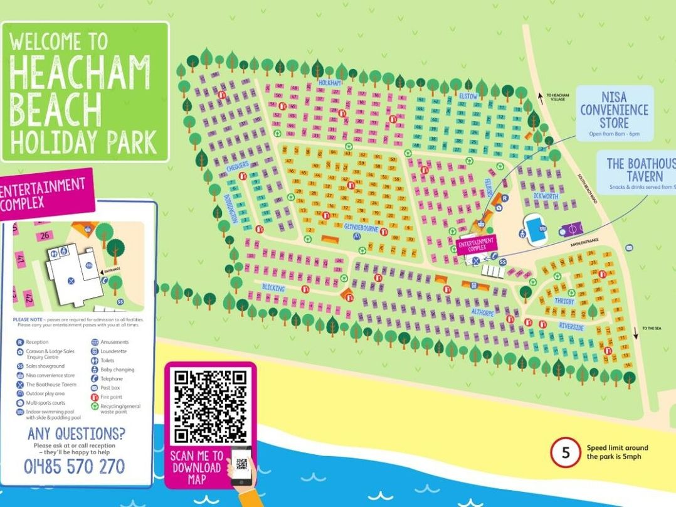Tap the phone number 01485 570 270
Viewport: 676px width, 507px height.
pos(74,467)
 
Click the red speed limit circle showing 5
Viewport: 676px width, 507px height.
pos(566,452)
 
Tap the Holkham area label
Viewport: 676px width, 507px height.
pos(329,83)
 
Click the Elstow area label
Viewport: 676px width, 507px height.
pos(468,96)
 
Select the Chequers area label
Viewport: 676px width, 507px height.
pos(238,168)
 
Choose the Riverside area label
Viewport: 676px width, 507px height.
pos(571,327)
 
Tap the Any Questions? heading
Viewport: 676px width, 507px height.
pos(76,434)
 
